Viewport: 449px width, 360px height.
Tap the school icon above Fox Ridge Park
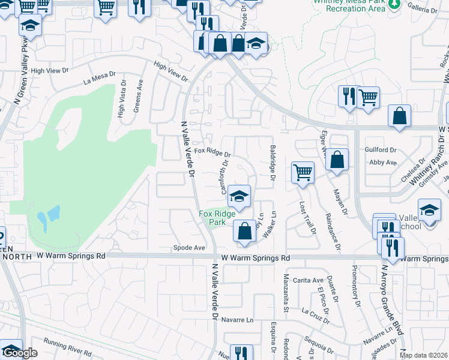point(239,196)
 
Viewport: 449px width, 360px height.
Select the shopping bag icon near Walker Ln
point(245,231)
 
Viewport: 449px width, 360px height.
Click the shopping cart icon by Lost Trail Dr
point(303,172)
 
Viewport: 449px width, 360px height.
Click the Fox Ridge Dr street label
point(212,154)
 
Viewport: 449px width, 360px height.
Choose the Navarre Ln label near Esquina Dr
point(238,320)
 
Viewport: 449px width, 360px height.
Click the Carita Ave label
point(309,280)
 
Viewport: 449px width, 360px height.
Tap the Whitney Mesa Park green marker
point(394,4)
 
